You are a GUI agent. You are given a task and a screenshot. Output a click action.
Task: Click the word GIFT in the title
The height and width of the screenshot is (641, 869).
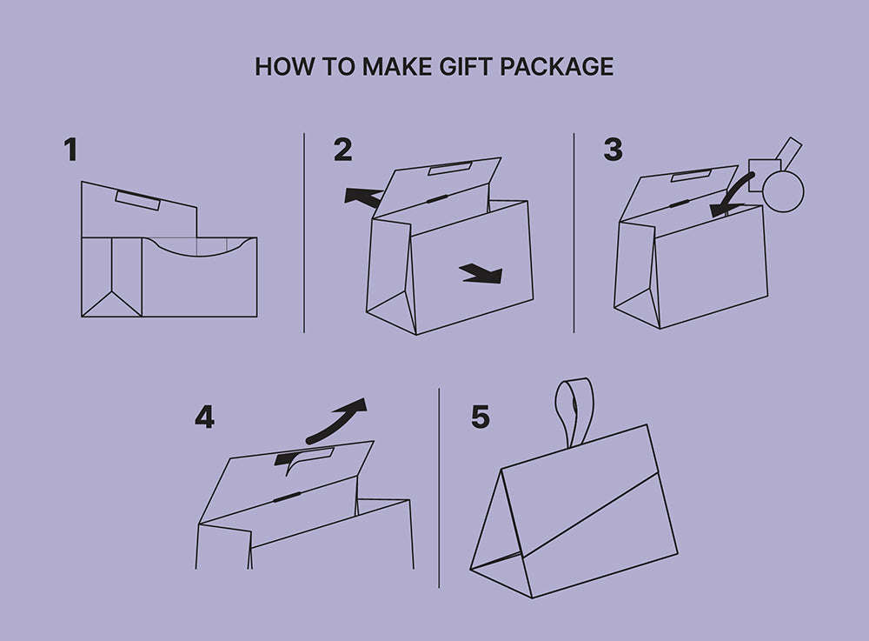point(466,67)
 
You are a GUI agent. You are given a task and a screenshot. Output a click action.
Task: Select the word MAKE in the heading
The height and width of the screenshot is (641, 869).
point(397,67)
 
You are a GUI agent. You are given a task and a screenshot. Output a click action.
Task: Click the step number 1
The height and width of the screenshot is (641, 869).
point(70,150)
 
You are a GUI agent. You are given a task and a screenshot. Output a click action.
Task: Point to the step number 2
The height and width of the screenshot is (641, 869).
point(342,150)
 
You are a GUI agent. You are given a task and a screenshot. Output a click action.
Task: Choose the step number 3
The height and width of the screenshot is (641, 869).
point(613,150)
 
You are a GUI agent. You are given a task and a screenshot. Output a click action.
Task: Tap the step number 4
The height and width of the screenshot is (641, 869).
point(204,417)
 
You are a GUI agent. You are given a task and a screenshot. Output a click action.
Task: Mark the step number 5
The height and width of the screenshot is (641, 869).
point(481,417)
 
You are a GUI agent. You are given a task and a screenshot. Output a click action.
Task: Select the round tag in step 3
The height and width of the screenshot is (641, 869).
point(783,190)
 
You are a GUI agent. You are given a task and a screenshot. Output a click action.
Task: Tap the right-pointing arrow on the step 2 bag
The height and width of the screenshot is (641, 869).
point(481,273)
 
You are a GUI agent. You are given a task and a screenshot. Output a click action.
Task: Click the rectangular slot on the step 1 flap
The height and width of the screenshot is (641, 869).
point(138,200)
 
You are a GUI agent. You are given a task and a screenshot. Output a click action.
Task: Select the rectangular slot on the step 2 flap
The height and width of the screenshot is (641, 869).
point(449,168)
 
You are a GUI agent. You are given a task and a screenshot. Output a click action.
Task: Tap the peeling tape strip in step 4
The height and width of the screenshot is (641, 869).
point(303,458)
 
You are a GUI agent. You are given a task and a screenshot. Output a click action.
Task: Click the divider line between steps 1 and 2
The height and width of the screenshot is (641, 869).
point(304,233)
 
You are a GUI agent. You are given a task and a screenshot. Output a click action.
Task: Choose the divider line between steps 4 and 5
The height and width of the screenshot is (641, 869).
point(439,488)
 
